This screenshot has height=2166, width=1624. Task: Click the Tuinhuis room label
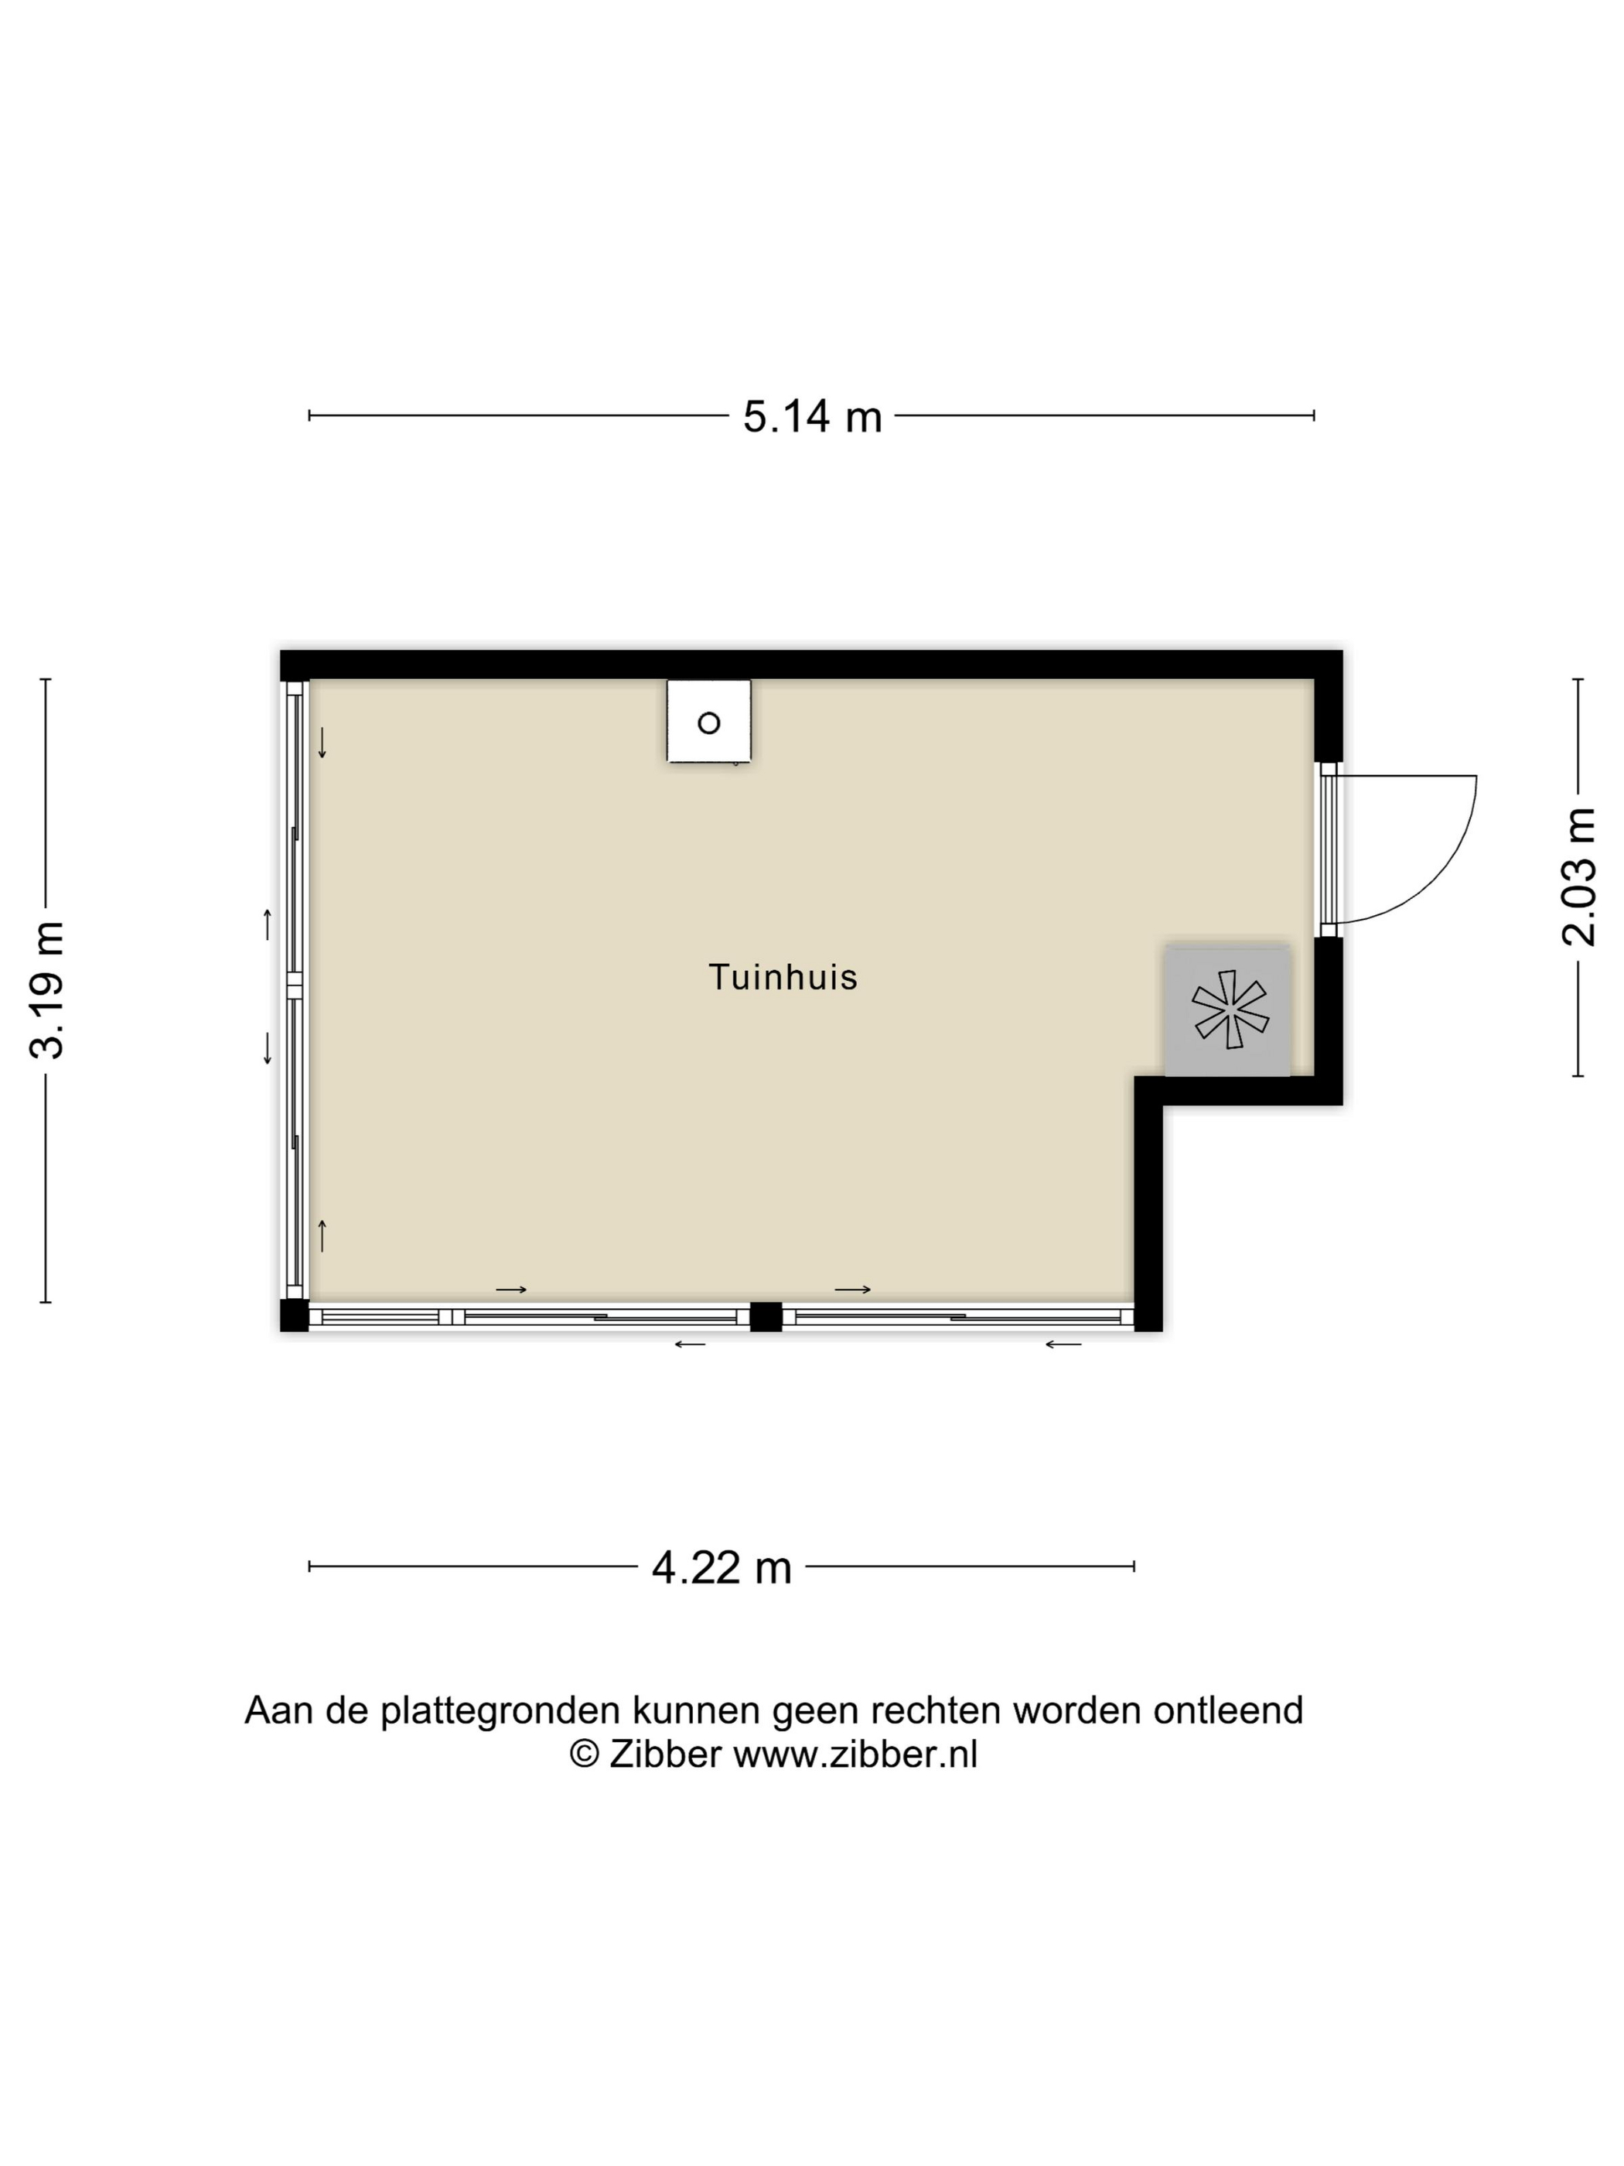pos(782,977)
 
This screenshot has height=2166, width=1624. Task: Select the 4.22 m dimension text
pos(722,1568)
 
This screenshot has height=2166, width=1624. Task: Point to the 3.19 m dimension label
pos(47,990)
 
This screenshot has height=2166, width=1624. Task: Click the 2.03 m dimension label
pos(1578,876)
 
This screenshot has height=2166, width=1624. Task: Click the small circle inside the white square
pos(708,723)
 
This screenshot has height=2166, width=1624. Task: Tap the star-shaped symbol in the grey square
pos(1230,1009)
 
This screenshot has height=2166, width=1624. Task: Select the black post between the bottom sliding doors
pos(766,1316)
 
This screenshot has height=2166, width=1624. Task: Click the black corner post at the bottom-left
pos(294,1315)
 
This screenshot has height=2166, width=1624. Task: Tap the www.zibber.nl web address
pos(855,1753)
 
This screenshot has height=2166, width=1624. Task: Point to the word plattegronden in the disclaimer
pos(500,1710)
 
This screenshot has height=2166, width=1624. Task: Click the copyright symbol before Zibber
pos(585,1753)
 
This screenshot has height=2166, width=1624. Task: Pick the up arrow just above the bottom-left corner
pos(322,1235)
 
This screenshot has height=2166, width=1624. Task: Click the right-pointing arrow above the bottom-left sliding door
pos(511,1290)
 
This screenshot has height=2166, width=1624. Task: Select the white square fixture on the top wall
pos(708,722)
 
